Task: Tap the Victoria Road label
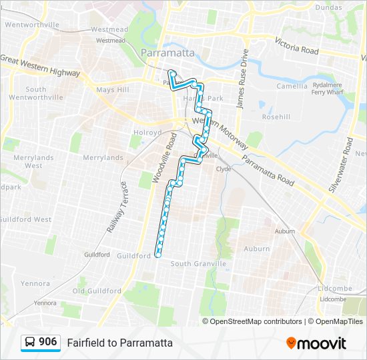click(296, 46)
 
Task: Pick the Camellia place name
click(292, 86)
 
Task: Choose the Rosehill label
click(276, 116)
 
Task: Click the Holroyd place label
click(148, 133)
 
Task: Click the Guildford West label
click(25, 219)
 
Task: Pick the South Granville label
click(198, 264)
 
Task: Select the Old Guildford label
click(97, 291)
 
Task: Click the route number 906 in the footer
click(48, 342)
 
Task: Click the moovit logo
click(316, 343)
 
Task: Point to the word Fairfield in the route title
click(85, 343)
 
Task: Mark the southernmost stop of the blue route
click(158, 255)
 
